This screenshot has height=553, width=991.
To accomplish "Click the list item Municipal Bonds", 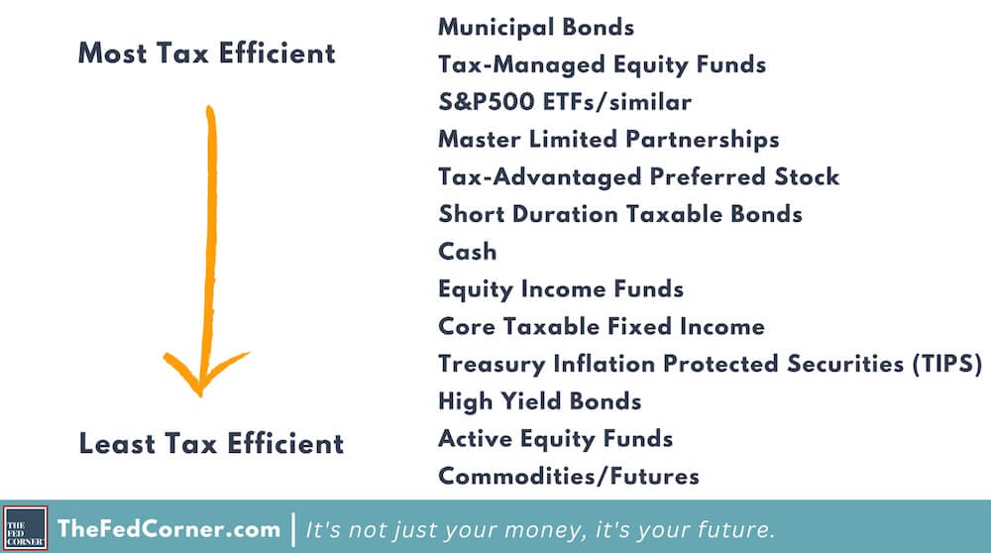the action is point(536,28).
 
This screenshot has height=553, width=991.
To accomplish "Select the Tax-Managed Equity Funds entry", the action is point(602,65).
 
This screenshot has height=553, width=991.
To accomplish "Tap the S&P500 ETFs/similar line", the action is point(565,102).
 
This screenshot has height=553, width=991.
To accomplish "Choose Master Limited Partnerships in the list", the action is point(608,140).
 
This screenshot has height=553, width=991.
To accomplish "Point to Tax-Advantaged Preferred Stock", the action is point(639,177).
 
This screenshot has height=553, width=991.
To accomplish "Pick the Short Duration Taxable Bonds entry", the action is point(620,214).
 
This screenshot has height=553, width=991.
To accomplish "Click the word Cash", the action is point(467,252).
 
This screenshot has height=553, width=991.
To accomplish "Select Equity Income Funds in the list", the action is point(561,289).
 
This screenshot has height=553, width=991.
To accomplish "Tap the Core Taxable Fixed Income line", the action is point(602,326).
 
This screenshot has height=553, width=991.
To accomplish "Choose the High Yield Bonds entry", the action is point(540,401).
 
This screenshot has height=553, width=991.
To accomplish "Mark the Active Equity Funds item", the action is point(556,439).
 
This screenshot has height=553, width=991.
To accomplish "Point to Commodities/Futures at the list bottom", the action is point(569,476).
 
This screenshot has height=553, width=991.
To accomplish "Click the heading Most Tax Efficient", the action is point(207,54).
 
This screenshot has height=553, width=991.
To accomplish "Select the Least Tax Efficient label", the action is point(211,444).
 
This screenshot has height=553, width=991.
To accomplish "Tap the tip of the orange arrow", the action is point(200,395).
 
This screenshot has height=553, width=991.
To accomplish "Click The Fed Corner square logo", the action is point(26,527).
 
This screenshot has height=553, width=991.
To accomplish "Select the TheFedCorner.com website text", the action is point(168,528).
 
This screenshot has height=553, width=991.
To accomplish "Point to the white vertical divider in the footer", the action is point(293,529).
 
